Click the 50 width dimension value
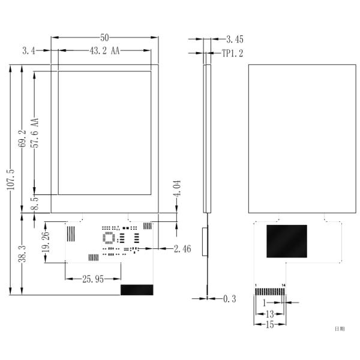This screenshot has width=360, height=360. point(104,38)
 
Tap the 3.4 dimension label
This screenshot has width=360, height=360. point(29,52)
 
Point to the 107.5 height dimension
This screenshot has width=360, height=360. point(11,179)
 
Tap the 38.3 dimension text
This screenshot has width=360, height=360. point(23,254)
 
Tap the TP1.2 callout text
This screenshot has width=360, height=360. point(233,53)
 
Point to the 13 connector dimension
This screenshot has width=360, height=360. point(270,314)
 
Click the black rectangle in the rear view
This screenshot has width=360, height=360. point(286,242)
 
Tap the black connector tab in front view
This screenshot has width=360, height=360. point(137,290)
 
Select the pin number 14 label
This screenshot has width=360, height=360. point(284,285)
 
